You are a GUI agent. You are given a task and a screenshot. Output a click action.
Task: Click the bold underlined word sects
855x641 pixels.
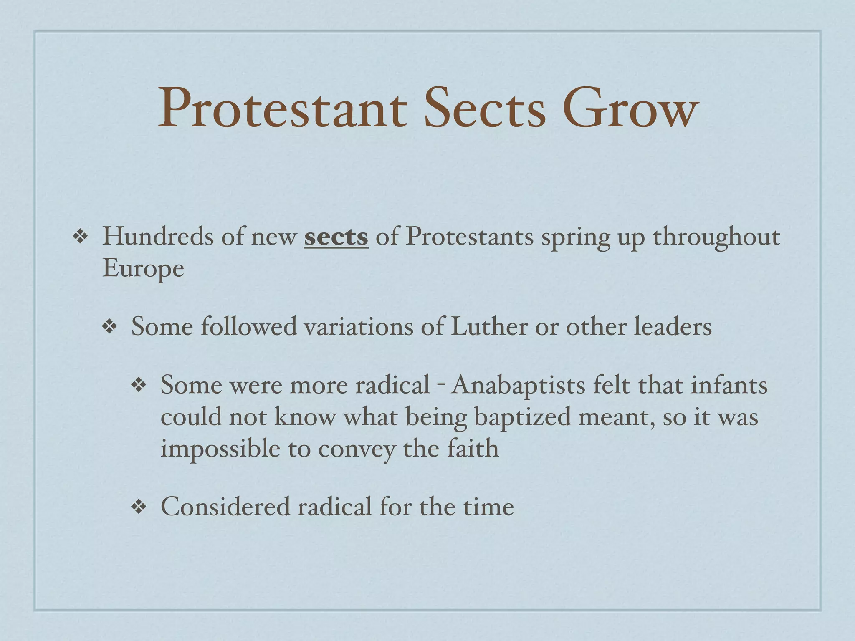(336, 237)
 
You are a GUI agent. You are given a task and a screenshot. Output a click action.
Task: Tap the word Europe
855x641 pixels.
(143, 268)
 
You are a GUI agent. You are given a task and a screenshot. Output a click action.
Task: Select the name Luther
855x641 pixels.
(489, 326)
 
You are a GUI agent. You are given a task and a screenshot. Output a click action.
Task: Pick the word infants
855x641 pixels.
(729, 385)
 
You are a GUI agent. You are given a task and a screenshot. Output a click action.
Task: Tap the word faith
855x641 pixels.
(473, 449)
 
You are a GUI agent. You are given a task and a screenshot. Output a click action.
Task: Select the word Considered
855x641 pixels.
(225, 507)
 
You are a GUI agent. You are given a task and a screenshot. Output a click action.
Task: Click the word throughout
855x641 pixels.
(716, 237)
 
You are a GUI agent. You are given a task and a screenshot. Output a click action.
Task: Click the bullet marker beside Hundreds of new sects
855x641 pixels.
(80, 237)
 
